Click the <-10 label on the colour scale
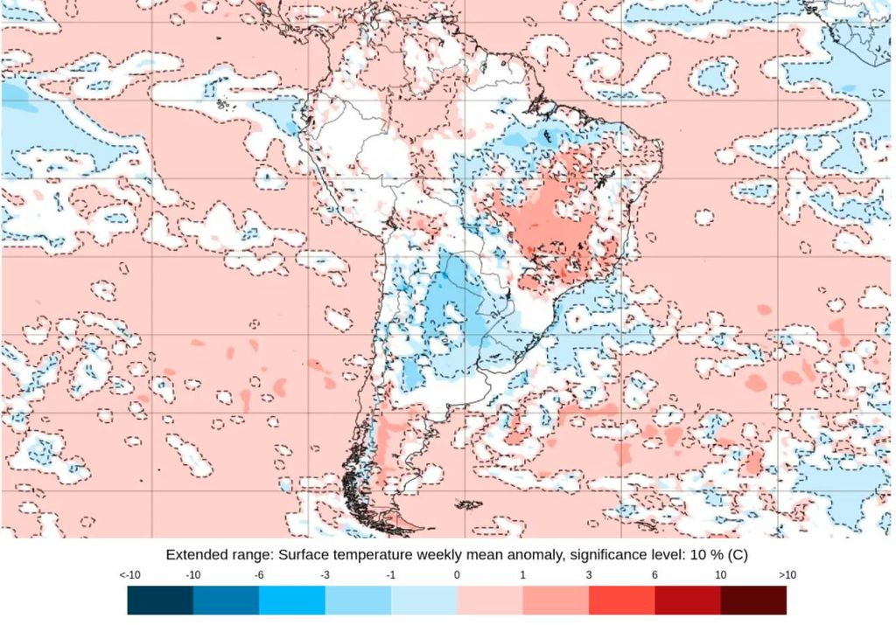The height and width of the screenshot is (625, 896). click(129, 575)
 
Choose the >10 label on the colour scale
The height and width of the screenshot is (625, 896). click(786, 575)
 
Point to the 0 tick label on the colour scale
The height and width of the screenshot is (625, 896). click(457, 575)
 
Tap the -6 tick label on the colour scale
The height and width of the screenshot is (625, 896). click(259, 575)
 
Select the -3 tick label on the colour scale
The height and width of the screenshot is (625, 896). click(325, 575)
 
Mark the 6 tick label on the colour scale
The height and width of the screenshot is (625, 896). click(654, 575)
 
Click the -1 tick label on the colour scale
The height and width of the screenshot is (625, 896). click(390, 575)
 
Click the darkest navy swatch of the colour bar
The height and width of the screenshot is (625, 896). click(160, 600)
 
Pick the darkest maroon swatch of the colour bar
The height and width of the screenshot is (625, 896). click(753, 600)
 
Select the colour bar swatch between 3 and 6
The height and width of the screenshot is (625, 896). click(621, 600)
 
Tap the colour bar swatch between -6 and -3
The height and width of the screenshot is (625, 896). click(292, 600)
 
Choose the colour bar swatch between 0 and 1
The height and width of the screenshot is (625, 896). click(490, 600)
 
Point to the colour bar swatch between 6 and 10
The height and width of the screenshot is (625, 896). click(688, 600)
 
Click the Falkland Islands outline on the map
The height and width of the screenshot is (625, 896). click(469, 504)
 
